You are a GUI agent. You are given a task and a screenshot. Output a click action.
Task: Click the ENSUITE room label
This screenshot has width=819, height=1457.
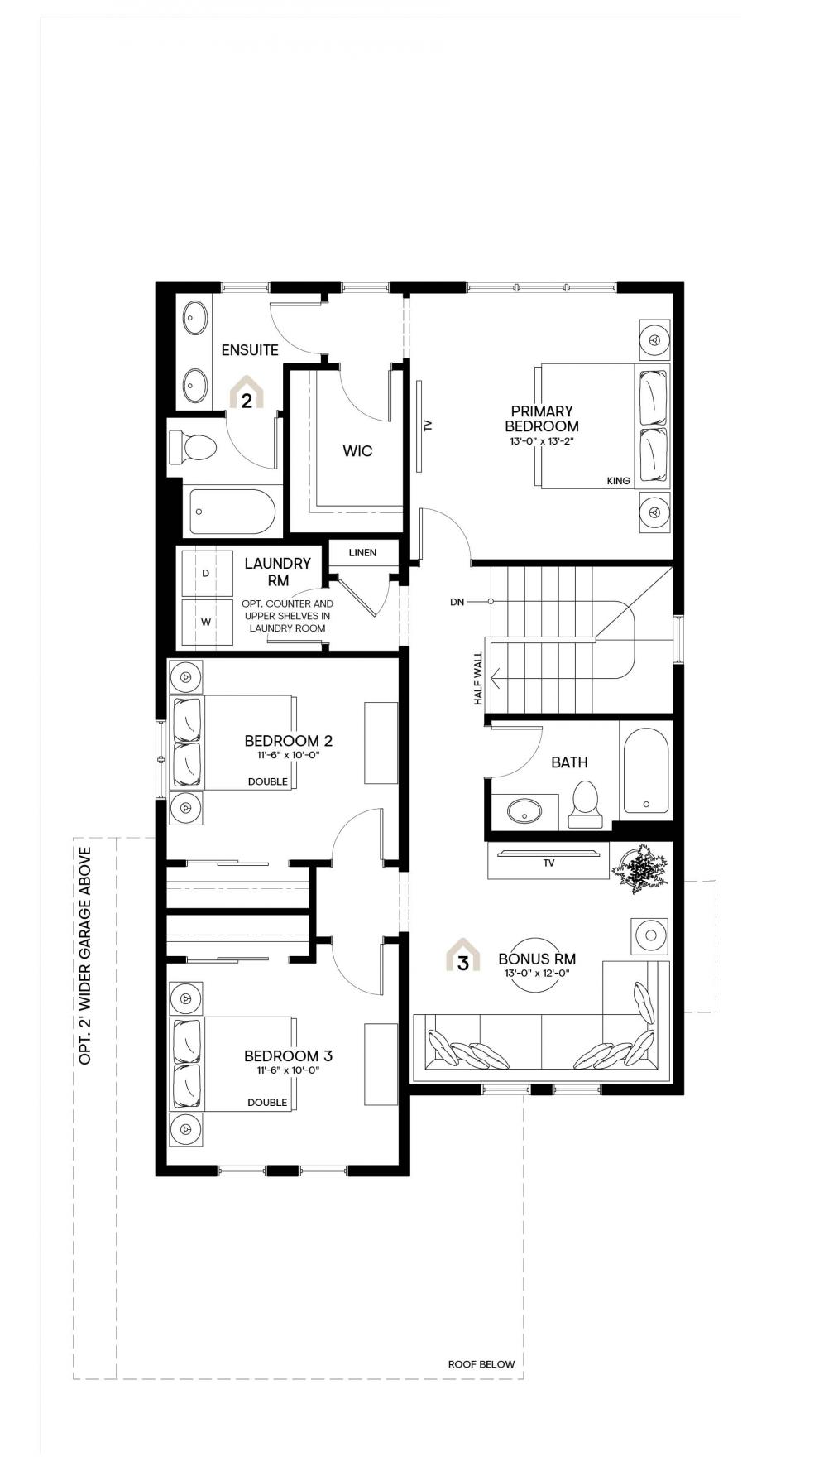click(250, 350)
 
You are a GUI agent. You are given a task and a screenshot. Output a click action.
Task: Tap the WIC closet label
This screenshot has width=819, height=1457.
click(357, 451)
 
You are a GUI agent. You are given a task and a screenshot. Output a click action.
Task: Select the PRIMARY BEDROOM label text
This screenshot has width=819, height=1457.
click(542, 419)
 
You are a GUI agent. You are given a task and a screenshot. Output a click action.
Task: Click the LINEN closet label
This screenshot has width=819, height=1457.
click(362, 553)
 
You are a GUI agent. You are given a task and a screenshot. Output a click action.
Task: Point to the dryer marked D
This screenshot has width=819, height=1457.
click(207, 572)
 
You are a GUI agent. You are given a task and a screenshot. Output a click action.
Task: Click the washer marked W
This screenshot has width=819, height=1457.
click(207, 622)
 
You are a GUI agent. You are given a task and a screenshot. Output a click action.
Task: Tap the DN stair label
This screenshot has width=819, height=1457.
click(457, 602)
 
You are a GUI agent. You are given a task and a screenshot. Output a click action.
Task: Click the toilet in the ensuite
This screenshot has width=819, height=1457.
click(193, 448)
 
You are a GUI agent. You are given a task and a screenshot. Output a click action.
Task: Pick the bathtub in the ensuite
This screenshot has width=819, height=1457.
click(232, 512)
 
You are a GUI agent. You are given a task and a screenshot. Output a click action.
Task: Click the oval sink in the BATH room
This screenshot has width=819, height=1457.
click(523, 811)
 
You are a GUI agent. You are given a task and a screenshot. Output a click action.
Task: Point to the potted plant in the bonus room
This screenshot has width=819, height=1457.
click(639, 868)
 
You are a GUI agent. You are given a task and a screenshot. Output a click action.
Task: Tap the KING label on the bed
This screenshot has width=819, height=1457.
click(618, 481)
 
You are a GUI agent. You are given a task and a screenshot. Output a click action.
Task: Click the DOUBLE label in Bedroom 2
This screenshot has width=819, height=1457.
click(268, 781)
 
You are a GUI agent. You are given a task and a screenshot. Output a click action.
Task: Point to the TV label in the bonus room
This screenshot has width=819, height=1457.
click(548, 863)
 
